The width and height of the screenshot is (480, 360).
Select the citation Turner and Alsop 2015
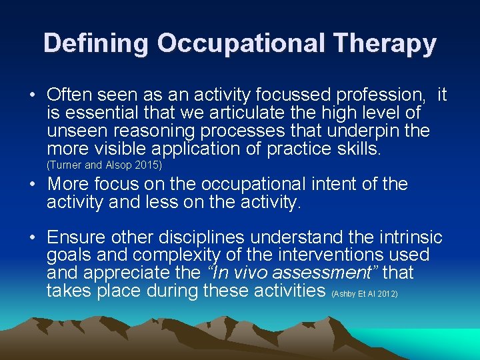tap(105, 165)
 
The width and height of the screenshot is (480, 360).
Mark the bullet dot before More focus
tap(33, 184)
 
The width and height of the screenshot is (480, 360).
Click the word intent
tap(349, 184)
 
